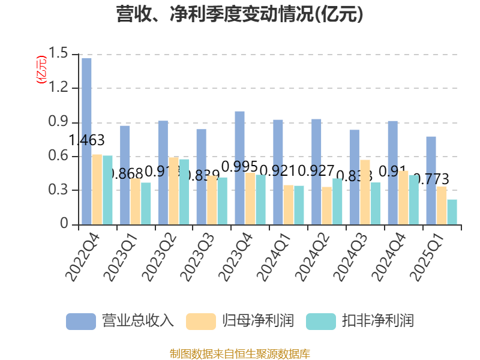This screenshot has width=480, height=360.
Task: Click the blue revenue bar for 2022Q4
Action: [86, 142]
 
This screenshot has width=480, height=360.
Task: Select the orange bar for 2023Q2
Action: [173, 191]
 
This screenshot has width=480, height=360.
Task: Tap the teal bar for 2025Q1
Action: [452, 212]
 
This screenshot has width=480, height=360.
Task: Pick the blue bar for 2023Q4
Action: [239, 168]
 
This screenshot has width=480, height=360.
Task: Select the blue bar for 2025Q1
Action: [431, 181]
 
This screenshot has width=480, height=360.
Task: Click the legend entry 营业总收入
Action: [120, 321]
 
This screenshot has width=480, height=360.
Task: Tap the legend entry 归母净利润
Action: [240, 321]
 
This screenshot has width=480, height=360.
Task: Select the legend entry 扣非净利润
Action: [360, 321]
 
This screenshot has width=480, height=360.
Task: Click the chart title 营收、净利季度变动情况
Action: [240, 14]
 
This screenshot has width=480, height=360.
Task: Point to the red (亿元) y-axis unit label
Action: [41, 70]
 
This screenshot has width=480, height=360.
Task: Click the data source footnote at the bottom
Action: [240, 353]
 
